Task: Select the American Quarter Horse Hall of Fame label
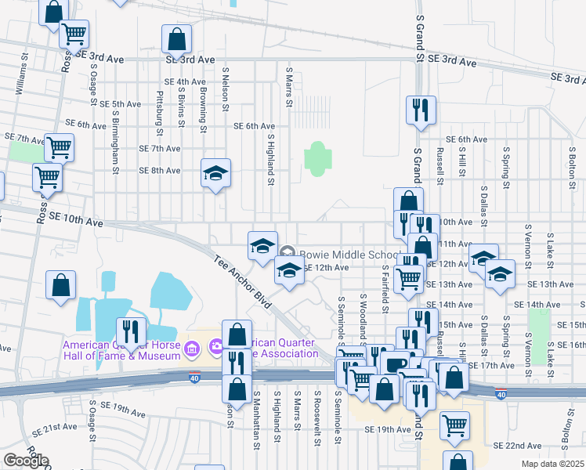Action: [x=122, y=349]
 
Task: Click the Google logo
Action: [x=25, y=461]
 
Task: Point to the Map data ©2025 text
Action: [x=552, y=464]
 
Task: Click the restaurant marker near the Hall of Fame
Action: [x=131, y=331]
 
